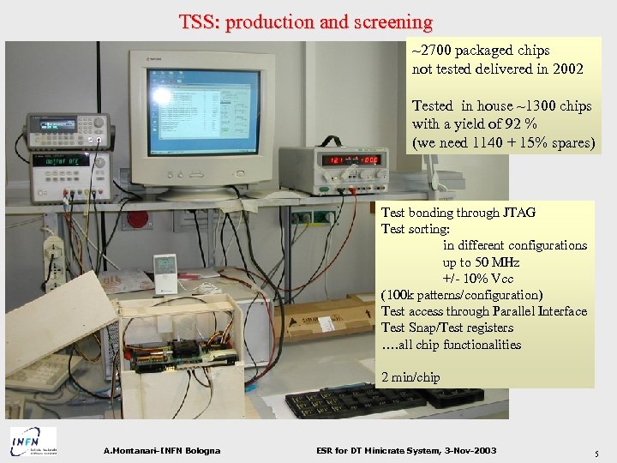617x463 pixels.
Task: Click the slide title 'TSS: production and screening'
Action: [x=306, y=22]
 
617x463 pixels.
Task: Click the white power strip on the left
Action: [x=53, y=257]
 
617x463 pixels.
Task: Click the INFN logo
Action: [x=33, y=441]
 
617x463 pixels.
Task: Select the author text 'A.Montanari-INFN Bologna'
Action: [x=161, y=451]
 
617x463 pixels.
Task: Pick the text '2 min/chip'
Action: [x=411, y=377]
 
